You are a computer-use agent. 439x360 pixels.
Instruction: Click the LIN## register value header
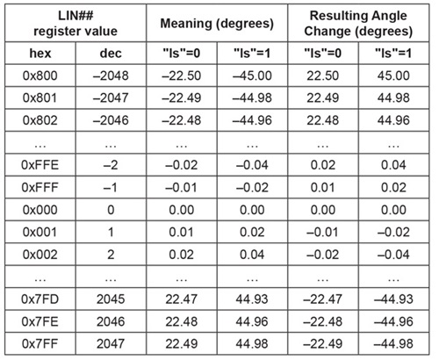76,24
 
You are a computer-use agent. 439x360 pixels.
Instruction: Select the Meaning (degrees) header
217,24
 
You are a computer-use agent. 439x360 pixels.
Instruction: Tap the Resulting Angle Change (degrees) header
358,24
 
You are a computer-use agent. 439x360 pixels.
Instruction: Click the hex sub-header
40,54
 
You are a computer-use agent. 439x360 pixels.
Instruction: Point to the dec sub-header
111,54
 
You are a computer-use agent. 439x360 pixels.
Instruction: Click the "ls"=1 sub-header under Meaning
252,54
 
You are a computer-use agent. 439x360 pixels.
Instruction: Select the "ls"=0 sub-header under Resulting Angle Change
323,54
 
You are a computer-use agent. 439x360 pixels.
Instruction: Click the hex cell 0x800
40,76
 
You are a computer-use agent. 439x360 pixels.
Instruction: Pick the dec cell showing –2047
111,98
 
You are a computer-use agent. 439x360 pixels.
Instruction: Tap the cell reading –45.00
252,76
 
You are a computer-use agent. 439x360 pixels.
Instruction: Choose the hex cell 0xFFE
40,165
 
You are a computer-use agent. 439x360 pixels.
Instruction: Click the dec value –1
111,188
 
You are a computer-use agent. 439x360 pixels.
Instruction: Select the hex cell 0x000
40,210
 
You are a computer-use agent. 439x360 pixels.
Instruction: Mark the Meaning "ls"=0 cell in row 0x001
182,233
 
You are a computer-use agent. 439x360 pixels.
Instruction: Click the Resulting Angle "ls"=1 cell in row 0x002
393,255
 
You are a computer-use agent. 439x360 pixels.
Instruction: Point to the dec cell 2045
111,299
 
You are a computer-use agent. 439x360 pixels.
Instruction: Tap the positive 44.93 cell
252,299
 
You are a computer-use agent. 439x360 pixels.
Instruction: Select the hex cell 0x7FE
40,321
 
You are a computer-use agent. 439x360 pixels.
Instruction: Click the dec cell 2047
111,344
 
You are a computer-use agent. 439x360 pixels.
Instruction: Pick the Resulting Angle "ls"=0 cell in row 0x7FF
323,344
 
